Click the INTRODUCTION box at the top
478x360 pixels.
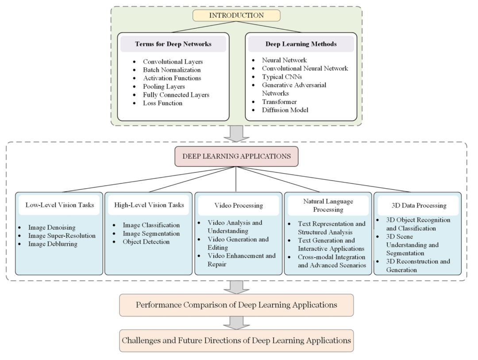(236, 15)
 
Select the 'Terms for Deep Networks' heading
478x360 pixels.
(173, 44)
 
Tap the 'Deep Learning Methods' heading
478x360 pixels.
(301, 44)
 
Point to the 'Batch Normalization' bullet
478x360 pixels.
(172, 70)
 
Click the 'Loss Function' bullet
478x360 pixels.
(162, 103)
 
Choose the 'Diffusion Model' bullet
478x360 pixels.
(285, 110)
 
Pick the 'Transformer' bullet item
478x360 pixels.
(279, 102)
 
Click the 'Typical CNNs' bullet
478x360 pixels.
(282, 77)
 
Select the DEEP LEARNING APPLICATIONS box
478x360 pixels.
(236, 156)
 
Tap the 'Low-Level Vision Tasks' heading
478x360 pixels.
(59, 205)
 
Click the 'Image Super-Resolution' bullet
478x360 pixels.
(62, 236)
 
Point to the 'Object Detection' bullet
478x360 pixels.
(146, 242)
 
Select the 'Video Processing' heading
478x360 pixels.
(238, 205)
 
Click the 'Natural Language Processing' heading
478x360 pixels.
(328, 205)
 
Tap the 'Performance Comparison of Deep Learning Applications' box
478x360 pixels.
(236, 305)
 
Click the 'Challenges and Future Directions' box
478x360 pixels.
(236, 341)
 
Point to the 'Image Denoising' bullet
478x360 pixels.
(52, 228)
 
